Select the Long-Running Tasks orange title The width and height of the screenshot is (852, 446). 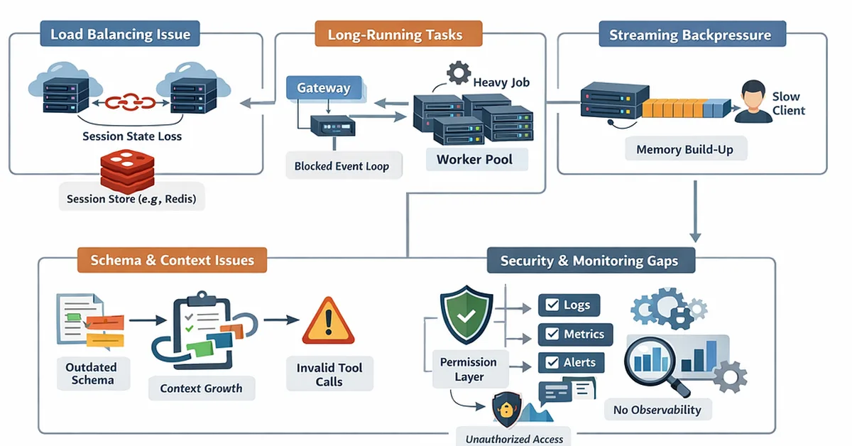395,34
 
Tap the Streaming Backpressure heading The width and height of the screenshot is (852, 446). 689,35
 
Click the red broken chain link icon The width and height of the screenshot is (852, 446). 130,102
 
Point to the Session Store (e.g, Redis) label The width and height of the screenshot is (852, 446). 131,199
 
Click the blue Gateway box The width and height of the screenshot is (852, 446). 324,88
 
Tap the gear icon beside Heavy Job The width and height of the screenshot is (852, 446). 458,73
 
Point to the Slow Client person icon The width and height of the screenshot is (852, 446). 753,102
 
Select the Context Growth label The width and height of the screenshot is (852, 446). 201,388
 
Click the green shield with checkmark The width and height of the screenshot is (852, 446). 466,315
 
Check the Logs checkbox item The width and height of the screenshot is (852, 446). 569,305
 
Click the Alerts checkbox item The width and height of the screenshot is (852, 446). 571,362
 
